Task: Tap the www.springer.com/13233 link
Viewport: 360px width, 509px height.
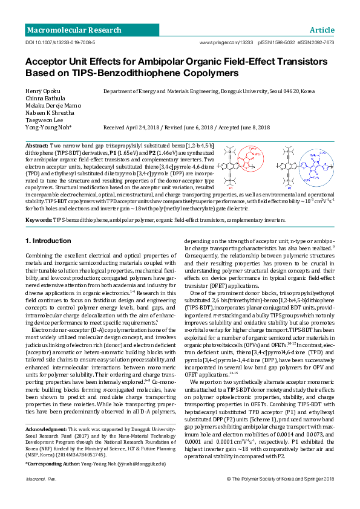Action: click(226, 44)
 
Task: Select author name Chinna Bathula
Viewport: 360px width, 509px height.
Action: click(46, 99)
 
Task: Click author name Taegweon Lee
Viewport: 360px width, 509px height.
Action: click(45, 120)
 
